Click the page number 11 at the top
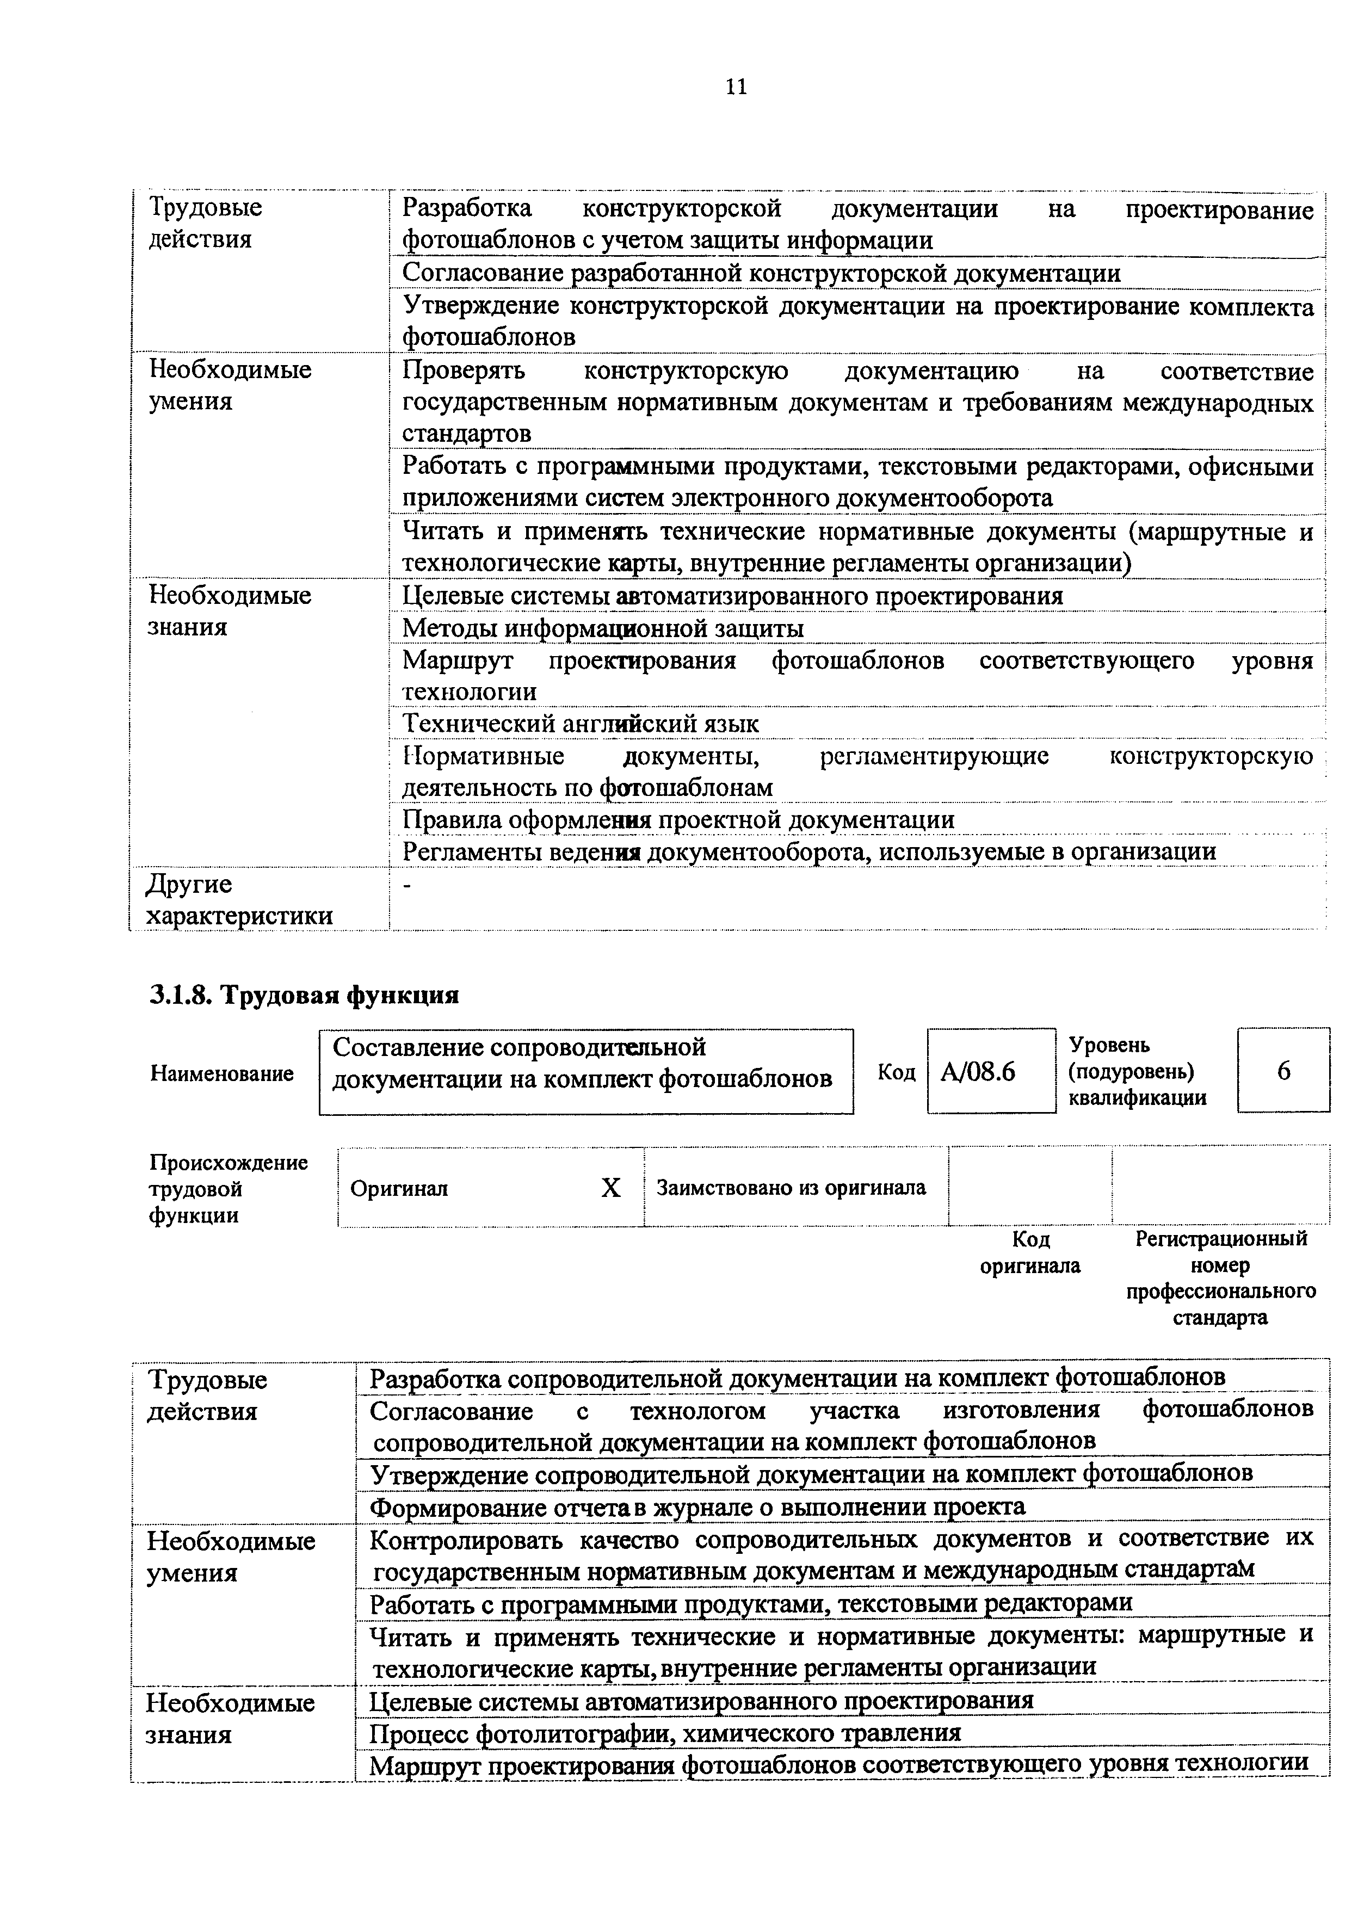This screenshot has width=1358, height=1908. point(736,87)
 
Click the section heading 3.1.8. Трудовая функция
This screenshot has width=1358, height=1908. point(304,995)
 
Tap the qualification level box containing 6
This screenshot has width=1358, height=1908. point(1283,1070)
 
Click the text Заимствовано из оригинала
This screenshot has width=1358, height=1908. point(791,1187)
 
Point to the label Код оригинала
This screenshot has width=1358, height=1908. point(1030,1252)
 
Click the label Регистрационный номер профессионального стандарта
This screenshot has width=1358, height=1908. point(1221,1277)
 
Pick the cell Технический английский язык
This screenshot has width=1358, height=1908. point(581,723)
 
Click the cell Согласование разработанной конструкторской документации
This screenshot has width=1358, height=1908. point(761,274)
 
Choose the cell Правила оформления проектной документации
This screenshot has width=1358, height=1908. point(678,819)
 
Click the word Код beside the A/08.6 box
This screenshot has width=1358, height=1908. point(897,1072)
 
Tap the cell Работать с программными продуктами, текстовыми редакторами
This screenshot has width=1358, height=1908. point(750,1602)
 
